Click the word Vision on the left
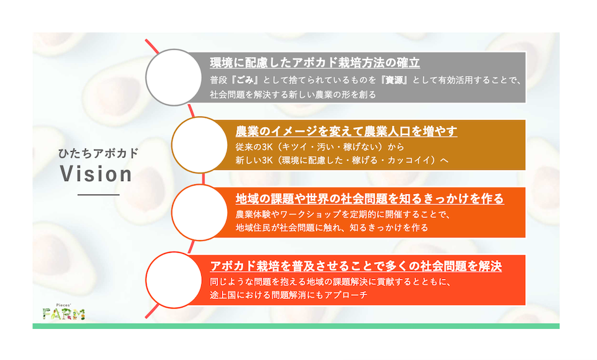(96, 174)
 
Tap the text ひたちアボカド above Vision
(98, 153)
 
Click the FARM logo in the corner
(63, 313)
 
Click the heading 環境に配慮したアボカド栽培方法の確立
(315, 63)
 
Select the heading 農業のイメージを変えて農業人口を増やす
(346, 131)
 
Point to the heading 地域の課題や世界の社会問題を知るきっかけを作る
(370, 198)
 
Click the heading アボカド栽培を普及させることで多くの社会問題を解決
(356, 266)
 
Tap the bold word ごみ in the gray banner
(245, 80)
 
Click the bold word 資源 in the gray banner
(395, 80)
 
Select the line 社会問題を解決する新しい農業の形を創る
(293, 94)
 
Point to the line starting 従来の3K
(320, 147)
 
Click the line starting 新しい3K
(342, 160)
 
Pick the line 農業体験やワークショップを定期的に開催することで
(343, 214)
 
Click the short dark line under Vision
(99, 195)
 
